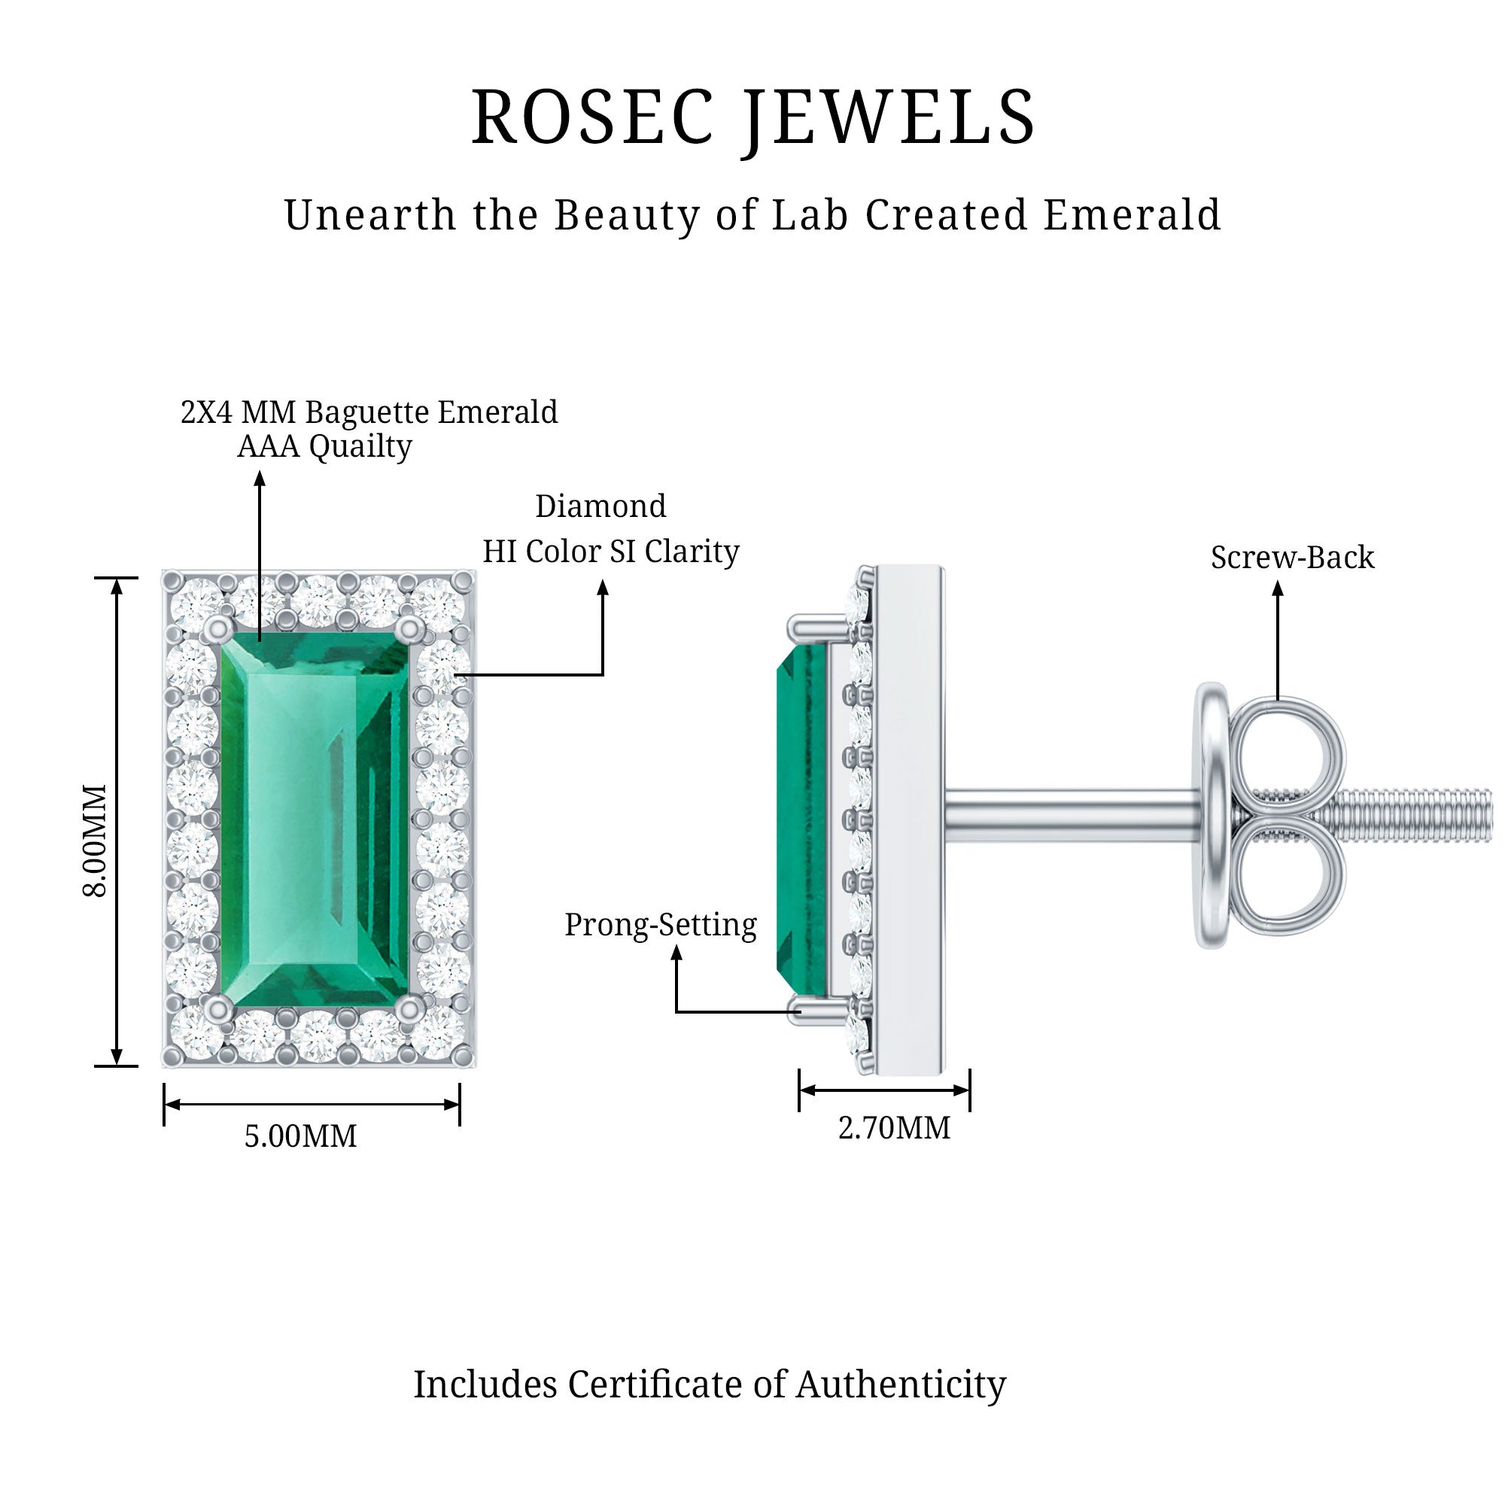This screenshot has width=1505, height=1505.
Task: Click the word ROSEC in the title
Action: (592, 118)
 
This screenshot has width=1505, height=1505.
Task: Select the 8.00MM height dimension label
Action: (96, 841)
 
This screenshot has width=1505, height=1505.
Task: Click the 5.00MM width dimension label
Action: (301, 1136)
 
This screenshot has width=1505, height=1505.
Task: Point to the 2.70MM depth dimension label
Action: (894, 1128)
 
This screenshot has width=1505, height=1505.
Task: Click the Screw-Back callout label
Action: (1292, 558)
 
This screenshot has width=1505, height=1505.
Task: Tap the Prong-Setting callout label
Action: (661, 925)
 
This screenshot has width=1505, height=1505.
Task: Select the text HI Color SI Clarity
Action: (611, 552)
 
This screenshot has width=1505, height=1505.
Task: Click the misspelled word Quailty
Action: (360, 446)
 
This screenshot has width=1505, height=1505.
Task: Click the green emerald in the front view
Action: (312, 818)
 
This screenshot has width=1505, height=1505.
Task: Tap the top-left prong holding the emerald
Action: (219, 628)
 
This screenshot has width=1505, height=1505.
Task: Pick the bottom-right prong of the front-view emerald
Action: (408, 1011)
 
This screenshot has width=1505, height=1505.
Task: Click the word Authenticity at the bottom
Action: (901, 1385)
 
